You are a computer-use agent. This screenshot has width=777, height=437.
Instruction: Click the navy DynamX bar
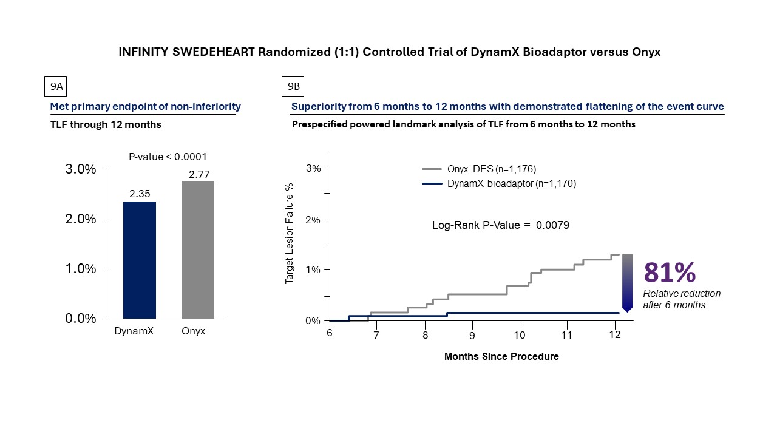tap(139, 260)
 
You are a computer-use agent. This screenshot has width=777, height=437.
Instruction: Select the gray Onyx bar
tap(197, 249)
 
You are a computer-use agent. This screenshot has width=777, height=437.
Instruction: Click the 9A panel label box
tap(56, 87)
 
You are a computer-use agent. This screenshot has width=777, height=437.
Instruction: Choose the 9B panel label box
tap(293, 87)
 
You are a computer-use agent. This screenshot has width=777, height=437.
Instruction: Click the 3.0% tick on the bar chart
tap(81, 169)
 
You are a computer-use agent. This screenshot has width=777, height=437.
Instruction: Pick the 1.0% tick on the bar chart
tap(81, 269)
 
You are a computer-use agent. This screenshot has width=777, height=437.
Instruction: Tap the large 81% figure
tap(670, 273)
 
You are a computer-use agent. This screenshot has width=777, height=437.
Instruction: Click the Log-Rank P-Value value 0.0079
tap(552, 225)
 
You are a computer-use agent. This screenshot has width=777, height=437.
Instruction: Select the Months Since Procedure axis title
tap(501, 356)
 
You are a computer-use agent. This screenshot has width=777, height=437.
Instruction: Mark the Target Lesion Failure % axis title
tap(290, 233)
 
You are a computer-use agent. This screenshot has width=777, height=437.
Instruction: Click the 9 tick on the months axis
tap(472, 334)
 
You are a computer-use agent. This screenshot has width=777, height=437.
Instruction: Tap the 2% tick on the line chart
tap(314, 220)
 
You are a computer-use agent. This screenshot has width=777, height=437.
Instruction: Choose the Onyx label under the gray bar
tap(194, 331)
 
